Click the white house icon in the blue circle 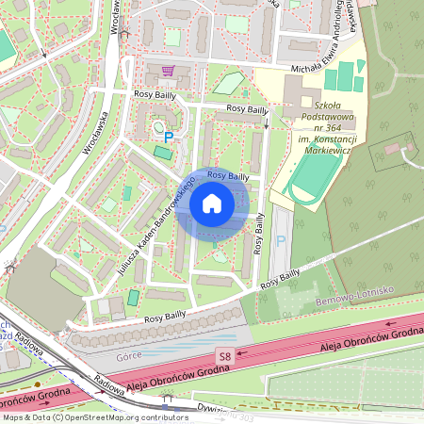[x=212, y=203]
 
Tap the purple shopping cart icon [x=168, y=72]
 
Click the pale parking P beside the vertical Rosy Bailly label [x=279, y=242]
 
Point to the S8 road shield [x=224, y=356]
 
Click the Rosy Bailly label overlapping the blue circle [x=227, y=176]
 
